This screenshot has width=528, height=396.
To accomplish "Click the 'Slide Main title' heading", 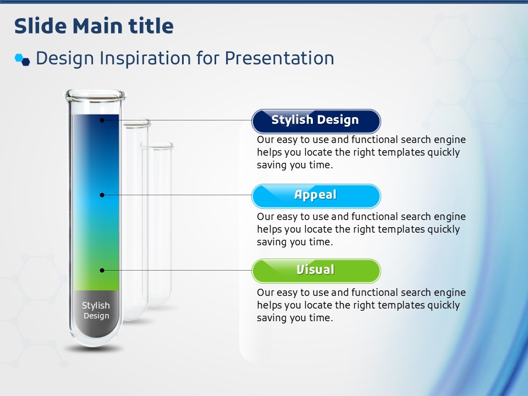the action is coord(94,26).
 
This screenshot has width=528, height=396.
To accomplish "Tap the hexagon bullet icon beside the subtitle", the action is coord(22,59).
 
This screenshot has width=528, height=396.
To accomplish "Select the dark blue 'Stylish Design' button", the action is coord(316,121).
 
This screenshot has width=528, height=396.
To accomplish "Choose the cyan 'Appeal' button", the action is coord(316,196).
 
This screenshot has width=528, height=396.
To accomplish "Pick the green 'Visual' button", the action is coord(316,271).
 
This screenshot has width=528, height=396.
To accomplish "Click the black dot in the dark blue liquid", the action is coord(102,120).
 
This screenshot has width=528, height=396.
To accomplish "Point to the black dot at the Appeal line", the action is coord(102,195).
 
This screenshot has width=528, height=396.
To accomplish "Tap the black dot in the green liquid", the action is coord(102,270).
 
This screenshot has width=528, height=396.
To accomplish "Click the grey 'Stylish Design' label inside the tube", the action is coord(96,310).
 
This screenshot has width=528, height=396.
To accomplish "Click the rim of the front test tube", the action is coord(95,95).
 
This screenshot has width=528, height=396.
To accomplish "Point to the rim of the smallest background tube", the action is coord(157,145).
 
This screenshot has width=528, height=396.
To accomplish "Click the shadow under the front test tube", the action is coord(94,349).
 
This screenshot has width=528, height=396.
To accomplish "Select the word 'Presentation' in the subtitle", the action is coord(279,58).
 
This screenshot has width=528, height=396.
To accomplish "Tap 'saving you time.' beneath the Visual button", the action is coord(295,317).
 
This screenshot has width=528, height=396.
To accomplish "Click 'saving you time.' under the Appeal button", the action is coord(295,242).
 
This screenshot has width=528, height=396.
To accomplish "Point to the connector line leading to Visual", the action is coord(178,270).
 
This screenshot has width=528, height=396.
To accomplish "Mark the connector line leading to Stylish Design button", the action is coord(178,120).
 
